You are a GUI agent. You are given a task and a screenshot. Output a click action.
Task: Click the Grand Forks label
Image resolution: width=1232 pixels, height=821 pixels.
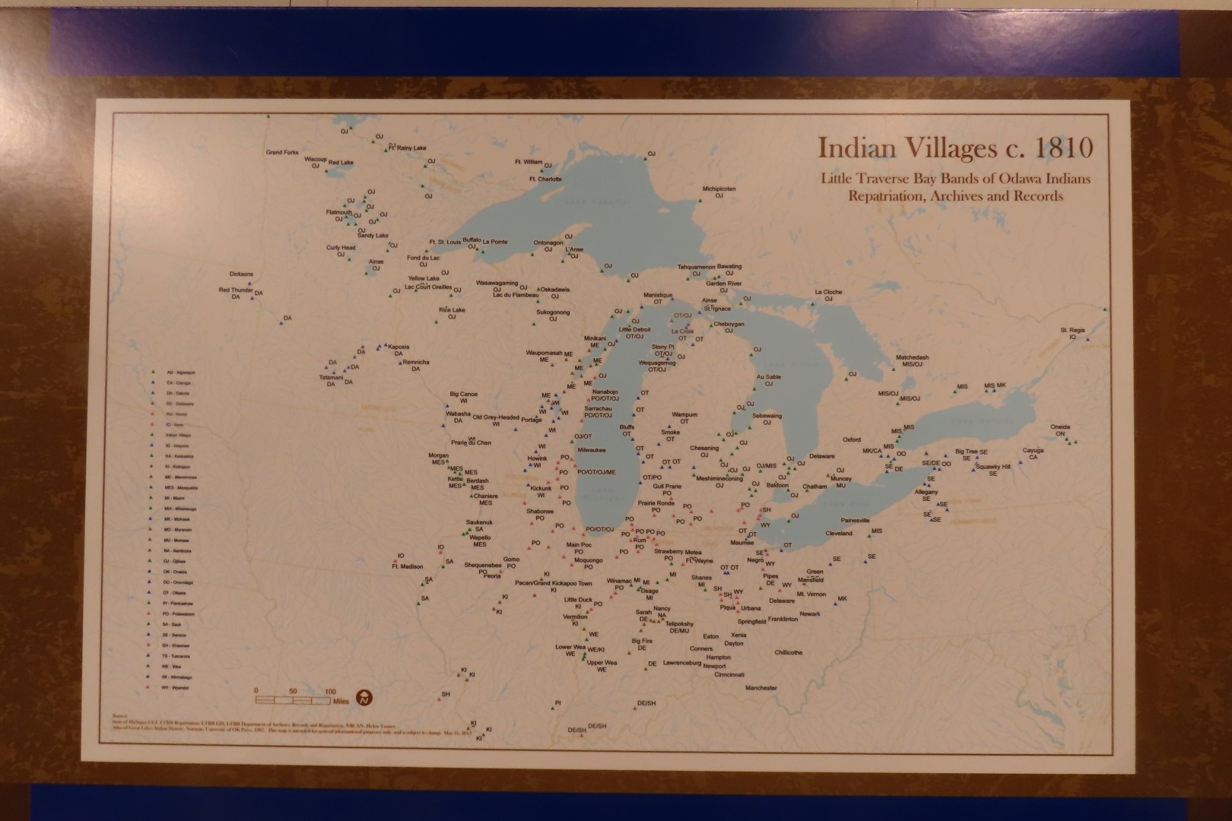pos(282,153)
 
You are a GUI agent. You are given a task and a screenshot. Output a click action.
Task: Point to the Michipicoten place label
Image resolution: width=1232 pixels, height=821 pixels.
pos(719,189)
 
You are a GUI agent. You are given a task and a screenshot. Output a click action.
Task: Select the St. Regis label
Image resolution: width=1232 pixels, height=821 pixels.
pos(1073,330)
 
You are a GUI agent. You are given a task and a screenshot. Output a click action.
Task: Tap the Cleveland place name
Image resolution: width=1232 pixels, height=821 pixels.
pos(839,534)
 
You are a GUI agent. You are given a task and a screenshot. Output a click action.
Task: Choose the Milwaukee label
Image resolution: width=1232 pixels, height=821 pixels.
pos(592,450)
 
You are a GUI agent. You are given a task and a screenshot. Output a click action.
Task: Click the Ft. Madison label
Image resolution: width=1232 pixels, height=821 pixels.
pos(407,566)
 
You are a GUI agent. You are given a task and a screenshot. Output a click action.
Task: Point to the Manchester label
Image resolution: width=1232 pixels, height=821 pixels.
pos(761,688)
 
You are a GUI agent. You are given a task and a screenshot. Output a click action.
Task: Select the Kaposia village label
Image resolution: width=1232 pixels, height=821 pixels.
pos(398,347)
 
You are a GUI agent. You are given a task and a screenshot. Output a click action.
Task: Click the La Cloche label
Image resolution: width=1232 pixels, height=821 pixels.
pos(828,292)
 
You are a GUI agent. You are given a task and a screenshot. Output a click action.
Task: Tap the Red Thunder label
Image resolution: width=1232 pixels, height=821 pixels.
pos(236,290)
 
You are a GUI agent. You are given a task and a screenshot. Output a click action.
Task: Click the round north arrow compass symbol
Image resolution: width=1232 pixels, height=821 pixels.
pos(365,698)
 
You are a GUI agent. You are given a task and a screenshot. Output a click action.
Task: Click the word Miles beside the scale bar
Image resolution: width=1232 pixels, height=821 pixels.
pos(340,702)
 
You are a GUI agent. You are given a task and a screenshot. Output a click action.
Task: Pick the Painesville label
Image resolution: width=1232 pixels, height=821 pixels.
pos(855,521)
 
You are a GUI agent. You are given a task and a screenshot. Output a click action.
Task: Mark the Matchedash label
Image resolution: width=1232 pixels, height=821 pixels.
pos(912,357)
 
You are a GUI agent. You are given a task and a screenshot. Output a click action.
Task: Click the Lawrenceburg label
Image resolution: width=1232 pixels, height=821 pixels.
pos(681,663)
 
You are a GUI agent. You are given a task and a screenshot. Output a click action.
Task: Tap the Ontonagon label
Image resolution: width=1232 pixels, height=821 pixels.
pos(548,243)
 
